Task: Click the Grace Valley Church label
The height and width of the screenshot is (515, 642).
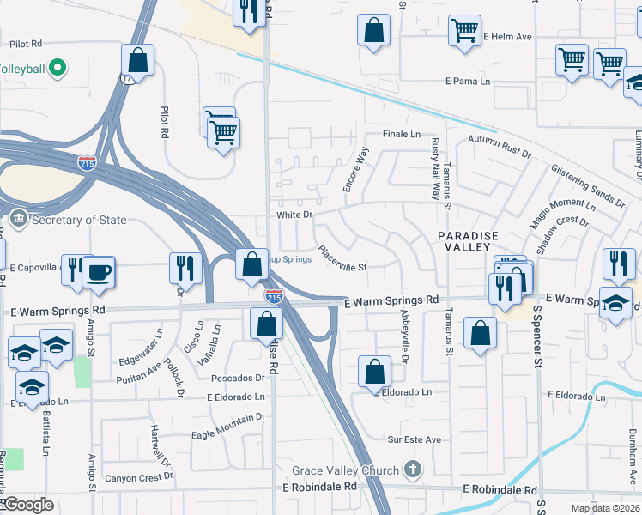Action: pos(345,470)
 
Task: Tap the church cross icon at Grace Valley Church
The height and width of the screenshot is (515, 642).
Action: pos(413,470)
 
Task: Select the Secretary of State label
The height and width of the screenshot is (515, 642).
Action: pos(78,220)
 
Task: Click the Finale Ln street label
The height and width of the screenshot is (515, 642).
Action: pos(402,135)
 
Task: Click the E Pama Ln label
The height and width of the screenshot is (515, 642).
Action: pos(467,82)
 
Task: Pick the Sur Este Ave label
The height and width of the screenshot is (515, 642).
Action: pos(415,439)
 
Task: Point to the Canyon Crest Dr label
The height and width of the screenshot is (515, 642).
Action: pos(138,478)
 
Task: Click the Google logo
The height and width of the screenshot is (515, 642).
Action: pos(27,505)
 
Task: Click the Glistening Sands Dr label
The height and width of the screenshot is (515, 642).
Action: pos(587,185)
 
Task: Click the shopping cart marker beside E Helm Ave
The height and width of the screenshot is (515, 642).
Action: pos(464,31)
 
